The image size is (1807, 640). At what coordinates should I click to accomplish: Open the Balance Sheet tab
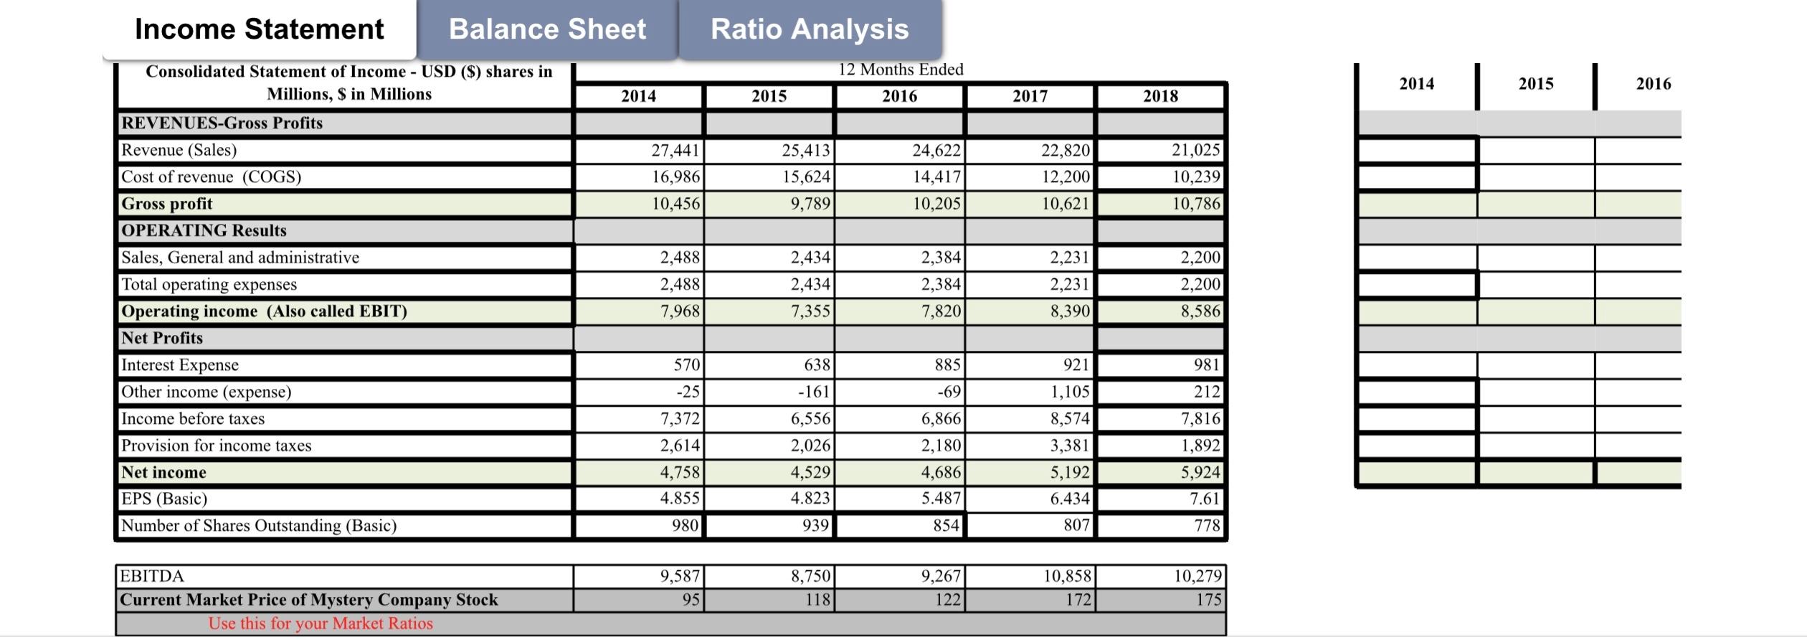[547, 29]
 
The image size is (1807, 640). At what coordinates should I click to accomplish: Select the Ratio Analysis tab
[809, 29]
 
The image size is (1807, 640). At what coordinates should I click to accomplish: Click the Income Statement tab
[259, 29]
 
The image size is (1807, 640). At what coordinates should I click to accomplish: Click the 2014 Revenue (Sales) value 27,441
[675, 150]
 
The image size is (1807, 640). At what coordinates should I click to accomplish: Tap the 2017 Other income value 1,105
[1069, 392]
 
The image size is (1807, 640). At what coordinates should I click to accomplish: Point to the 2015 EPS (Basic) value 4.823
[810, 498]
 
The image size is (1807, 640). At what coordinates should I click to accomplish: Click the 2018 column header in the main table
[1160, 96]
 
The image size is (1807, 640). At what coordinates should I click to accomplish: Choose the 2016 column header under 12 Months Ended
[899, 96]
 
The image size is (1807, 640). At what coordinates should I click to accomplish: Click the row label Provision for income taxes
[217, 446]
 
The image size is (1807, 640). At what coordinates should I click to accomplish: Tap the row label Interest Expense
[180, 365]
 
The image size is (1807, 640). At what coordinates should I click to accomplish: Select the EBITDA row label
[152, 576]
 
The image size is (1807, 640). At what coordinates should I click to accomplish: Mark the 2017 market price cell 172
[1078, 599]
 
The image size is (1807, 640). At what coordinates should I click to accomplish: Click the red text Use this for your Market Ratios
[321, 623]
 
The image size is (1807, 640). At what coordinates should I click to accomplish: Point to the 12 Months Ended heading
[901, 70]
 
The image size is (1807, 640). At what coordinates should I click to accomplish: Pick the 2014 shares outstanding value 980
[684, 525]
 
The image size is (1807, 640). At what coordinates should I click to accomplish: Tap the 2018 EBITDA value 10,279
[1197, 576]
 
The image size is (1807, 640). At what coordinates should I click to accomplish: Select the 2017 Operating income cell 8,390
[1069, 311]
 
